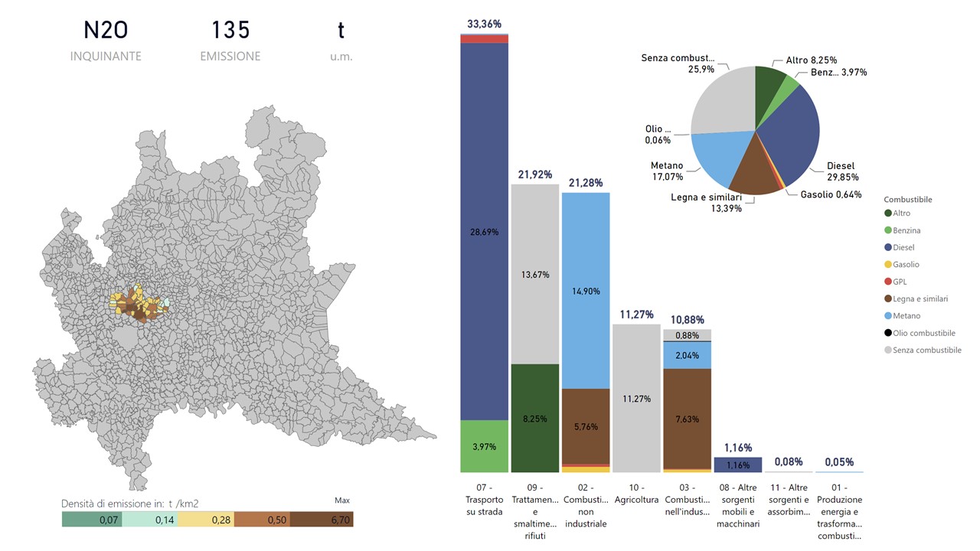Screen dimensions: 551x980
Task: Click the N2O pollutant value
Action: click(x=106, y=31)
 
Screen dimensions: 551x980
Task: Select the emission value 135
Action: click(x=230, y=31)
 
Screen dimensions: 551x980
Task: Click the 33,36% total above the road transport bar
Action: click(x=484, y=24)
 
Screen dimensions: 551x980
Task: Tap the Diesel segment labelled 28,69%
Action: click(x=484, y=231)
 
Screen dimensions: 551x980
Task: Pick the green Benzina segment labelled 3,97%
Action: click(x=484, y=446)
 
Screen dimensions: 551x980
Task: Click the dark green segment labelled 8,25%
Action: click(x=535, y=419)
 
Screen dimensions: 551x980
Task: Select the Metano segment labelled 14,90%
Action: click(x=586, y=291)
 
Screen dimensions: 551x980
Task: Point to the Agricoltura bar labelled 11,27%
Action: click(x=636, y=398)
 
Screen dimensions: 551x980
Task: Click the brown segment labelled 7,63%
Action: click(x=687, y=419)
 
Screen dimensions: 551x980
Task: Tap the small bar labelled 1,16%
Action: click(x=737, y=465)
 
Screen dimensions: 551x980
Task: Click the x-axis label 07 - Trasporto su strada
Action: click(x=484, y=505)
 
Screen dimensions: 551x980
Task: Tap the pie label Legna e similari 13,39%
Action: click(x=706, y=203)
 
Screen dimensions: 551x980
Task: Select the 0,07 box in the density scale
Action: click(x=92, y=520)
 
